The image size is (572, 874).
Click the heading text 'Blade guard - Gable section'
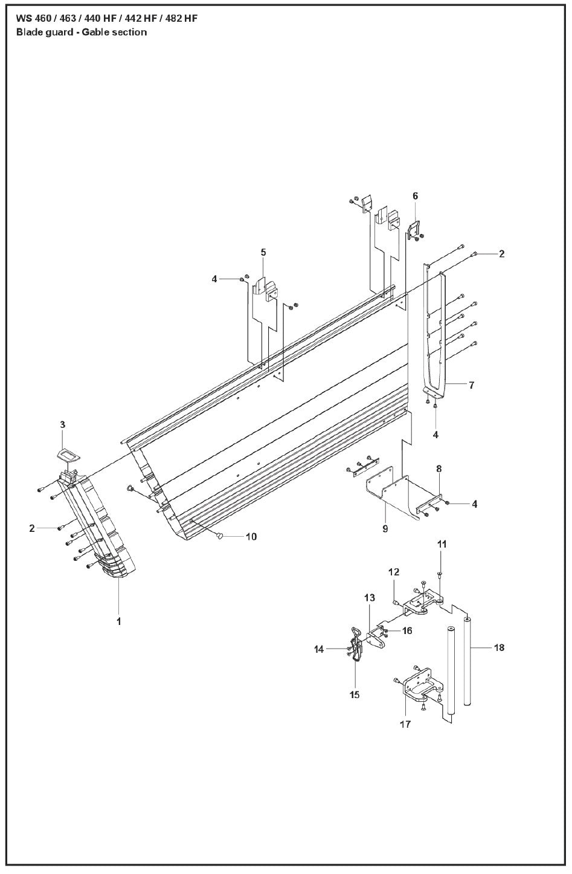pyautogui.click(x=82, y=33)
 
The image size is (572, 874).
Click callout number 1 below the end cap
pyautogui.click(x=119, y=621)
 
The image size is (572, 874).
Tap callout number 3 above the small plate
pyautogui.click(x=62, y=425)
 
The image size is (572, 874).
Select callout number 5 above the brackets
pyautogui.click(x=263, y=252)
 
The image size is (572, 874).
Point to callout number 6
pyautogui.click(x=415, y=196)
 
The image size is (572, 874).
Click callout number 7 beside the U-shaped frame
pyautogui.click(x=471, y=384)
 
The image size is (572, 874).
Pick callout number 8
pyautogui.click(x=439, y=468)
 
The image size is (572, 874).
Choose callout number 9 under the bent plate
pyautogui.click(x=385, y=529)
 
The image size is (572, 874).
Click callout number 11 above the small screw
pyautogui.click(x=442, y=544)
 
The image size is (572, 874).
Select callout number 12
pyautogui.click(x=394, y=572)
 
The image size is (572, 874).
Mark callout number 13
pyautogui.click(x=370, y=598)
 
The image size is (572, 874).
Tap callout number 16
pyautogui.click(x=407, y=630)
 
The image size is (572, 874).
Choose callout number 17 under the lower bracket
pyautogui.click(x=405, y=723)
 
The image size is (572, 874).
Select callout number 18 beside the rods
pyautogui.click(x=499, y=648)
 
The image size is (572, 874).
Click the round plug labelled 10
pyautogui.click(x=220, y=536)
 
